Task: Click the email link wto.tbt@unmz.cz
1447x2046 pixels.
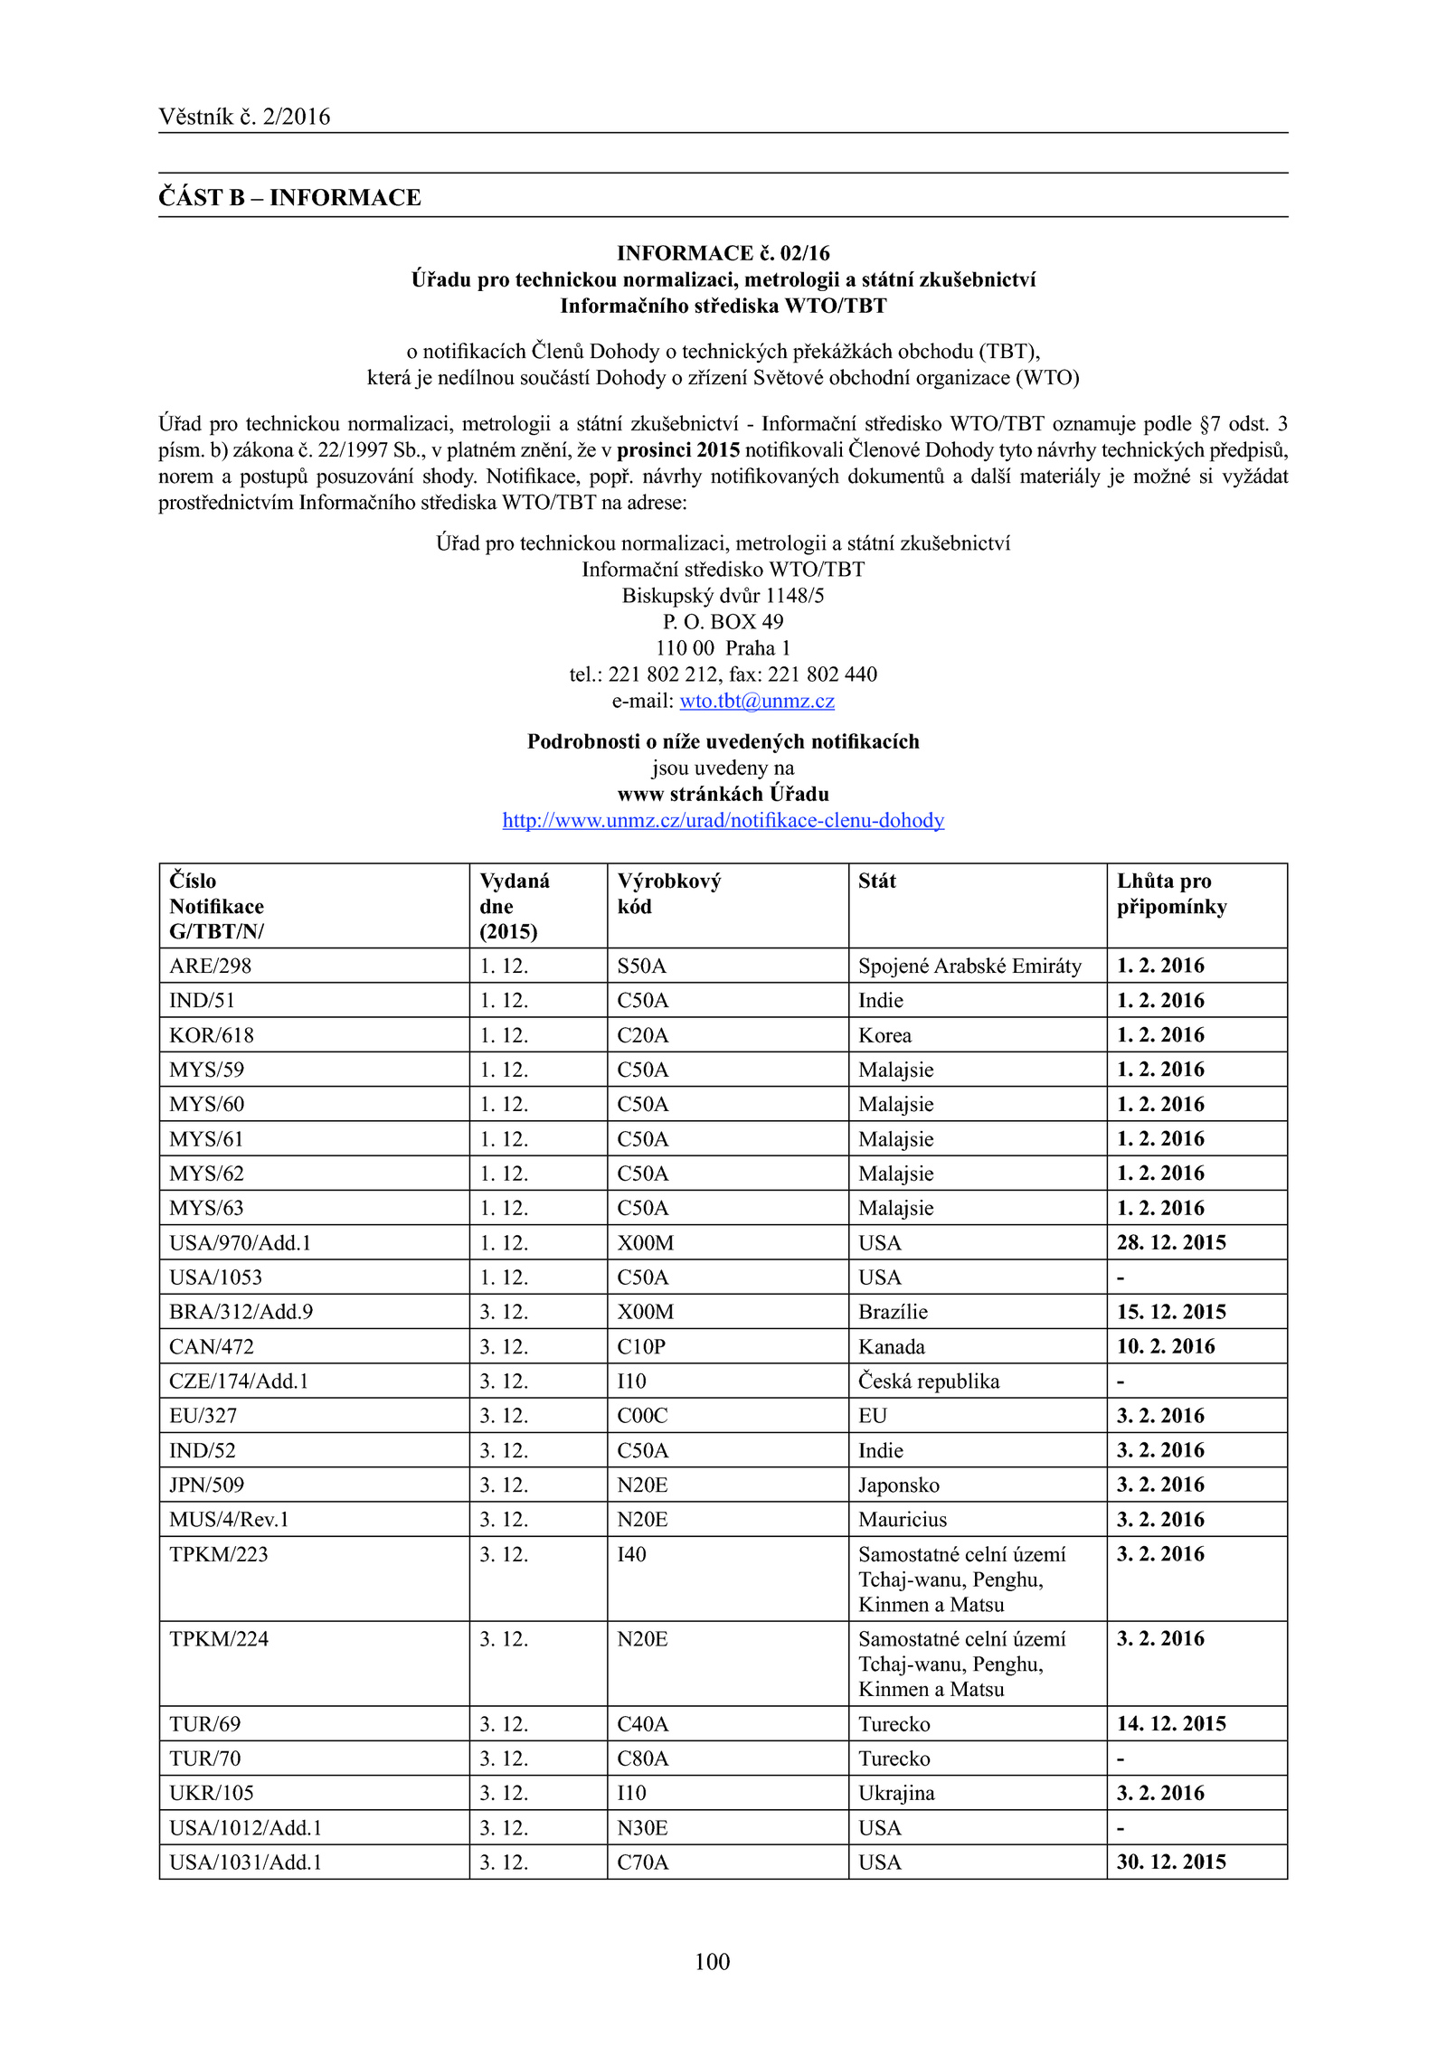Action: tap(757, 701)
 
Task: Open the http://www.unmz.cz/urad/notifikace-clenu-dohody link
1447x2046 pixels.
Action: tap(723, 820)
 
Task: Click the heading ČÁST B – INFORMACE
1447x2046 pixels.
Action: tap(289, 197)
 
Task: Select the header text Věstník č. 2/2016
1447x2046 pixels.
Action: tap(244, 117)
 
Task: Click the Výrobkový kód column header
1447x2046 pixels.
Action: tap(668, 893)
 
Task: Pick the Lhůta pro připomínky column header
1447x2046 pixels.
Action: tap(1171, 893)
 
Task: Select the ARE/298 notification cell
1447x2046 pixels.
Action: tap(210, 966)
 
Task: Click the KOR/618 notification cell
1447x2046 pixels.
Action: tap(212, 1035)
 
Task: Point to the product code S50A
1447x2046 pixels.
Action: tap(641, 966)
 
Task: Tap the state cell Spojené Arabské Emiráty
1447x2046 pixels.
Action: tap(969, 966)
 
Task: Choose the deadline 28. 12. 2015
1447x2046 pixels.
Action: tap(1171, 1242)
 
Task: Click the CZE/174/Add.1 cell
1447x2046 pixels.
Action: tap(239, 1381)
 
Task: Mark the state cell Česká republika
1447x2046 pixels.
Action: tap(929, 1381)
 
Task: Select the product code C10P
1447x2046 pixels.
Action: tap(641, 1346)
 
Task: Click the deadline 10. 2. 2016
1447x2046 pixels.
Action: tap(1166, 1346)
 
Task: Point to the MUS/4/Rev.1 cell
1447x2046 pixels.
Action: tap(229, 1519)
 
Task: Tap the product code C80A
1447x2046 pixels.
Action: tap(642, 1758)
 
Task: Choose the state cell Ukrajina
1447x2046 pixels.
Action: tap(896, 1792)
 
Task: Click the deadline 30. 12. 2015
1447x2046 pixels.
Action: tap(1171, 1862)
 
